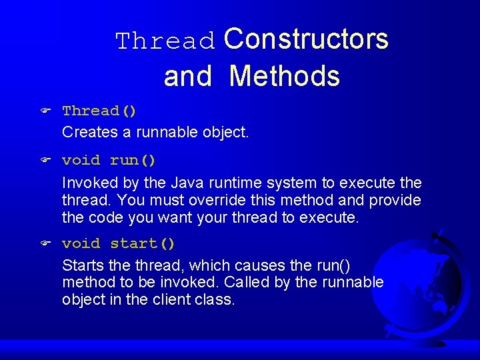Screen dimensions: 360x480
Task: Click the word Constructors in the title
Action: coord(306,39)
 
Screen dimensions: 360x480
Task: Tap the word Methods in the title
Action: coord(284,76)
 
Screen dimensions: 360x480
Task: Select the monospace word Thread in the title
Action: coord(166,41)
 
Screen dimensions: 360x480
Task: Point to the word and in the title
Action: coord(187,77)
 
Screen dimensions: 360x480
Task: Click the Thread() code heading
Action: coord(99,111)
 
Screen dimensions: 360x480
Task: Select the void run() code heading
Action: coord(109,161)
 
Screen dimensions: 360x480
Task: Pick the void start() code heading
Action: coord(119,244)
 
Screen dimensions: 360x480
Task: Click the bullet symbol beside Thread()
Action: coord(45,111)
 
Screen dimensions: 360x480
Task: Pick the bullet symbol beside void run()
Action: coord(45,161)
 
